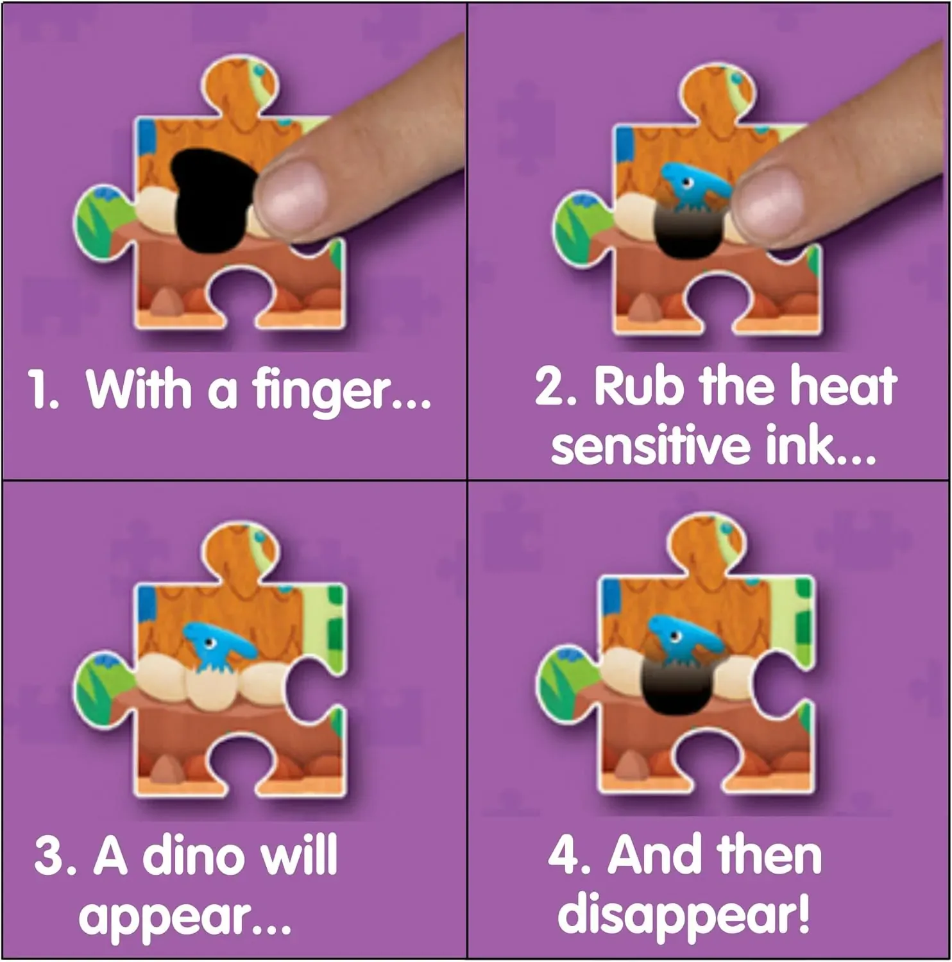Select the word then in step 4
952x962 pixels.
[x=769, y=856]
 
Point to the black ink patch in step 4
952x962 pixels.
[x=676, y=689]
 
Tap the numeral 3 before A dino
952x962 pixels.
[x=47, y=856]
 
